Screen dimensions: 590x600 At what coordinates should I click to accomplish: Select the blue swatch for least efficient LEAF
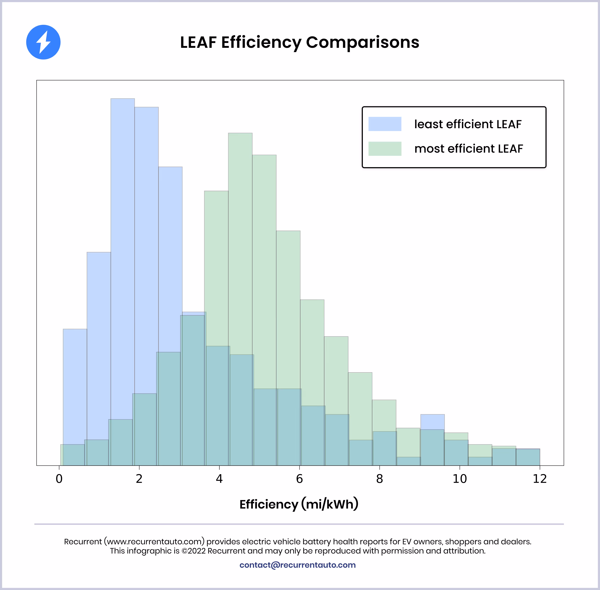click(385, 124)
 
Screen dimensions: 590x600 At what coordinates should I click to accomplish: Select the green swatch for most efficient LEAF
click(385, 149)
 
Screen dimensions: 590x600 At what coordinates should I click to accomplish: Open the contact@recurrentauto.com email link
click(297, 565)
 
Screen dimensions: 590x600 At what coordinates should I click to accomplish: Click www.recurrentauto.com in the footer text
click(154, 542)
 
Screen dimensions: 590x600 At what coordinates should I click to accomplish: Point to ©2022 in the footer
click(194, 551)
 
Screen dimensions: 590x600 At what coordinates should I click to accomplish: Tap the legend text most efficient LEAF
click(468, 149)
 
